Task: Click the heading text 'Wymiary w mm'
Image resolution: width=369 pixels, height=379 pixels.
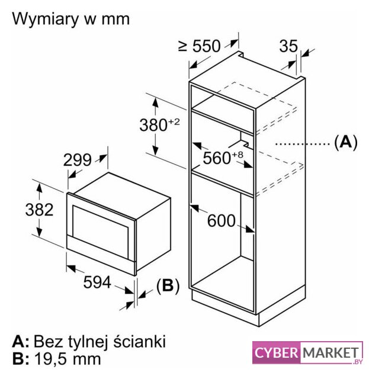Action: (71, 19)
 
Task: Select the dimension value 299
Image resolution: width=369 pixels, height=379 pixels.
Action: (78, 160)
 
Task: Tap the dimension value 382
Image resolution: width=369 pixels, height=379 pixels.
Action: (39, 210)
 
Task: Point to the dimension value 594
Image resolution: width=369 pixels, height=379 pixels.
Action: (97, 282)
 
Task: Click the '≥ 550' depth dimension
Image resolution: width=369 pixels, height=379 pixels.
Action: (200, 46)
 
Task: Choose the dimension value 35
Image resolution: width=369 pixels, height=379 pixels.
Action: (288, 46)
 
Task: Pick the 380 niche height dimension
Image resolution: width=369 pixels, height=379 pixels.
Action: (159, 124)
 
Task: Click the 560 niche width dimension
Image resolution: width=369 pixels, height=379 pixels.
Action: (223, 158)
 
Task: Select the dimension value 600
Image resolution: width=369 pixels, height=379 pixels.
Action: (222, 220)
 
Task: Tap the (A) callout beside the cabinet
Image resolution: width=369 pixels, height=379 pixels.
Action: (345, 142)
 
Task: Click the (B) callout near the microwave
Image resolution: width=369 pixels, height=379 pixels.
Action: (168, 285)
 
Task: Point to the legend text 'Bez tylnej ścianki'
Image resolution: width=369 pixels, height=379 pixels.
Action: (100, 342)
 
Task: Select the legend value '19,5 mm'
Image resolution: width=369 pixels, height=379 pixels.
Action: (68, 359)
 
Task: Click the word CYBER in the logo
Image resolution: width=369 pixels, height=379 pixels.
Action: (276, 353)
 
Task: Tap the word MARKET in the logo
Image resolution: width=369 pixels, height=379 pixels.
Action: (331, 353)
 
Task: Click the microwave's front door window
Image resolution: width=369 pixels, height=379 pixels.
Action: (100, 232)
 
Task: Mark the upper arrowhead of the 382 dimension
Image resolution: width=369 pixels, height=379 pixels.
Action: (39, 188)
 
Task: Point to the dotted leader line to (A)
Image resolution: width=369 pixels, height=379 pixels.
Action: (303, 144)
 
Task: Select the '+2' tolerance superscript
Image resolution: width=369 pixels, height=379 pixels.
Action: (174, 121)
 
